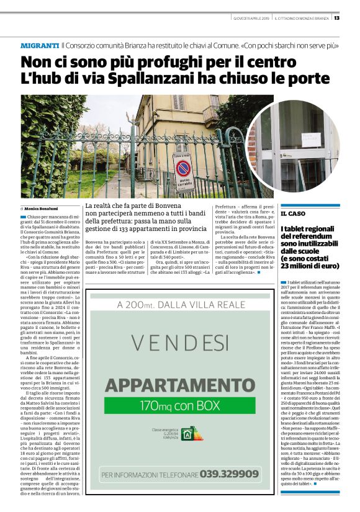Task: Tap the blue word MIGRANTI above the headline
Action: [x=40, y=46]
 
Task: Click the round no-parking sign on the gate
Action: [x=183, y=168]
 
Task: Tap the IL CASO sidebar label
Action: [x=292, y=213]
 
